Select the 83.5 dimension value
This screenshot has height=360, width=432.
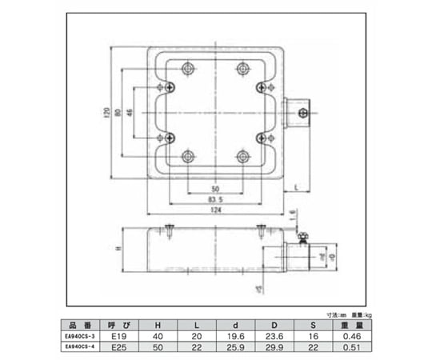[214, 198]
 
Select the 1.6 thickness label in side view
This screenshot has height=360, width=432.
[293, 214]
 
